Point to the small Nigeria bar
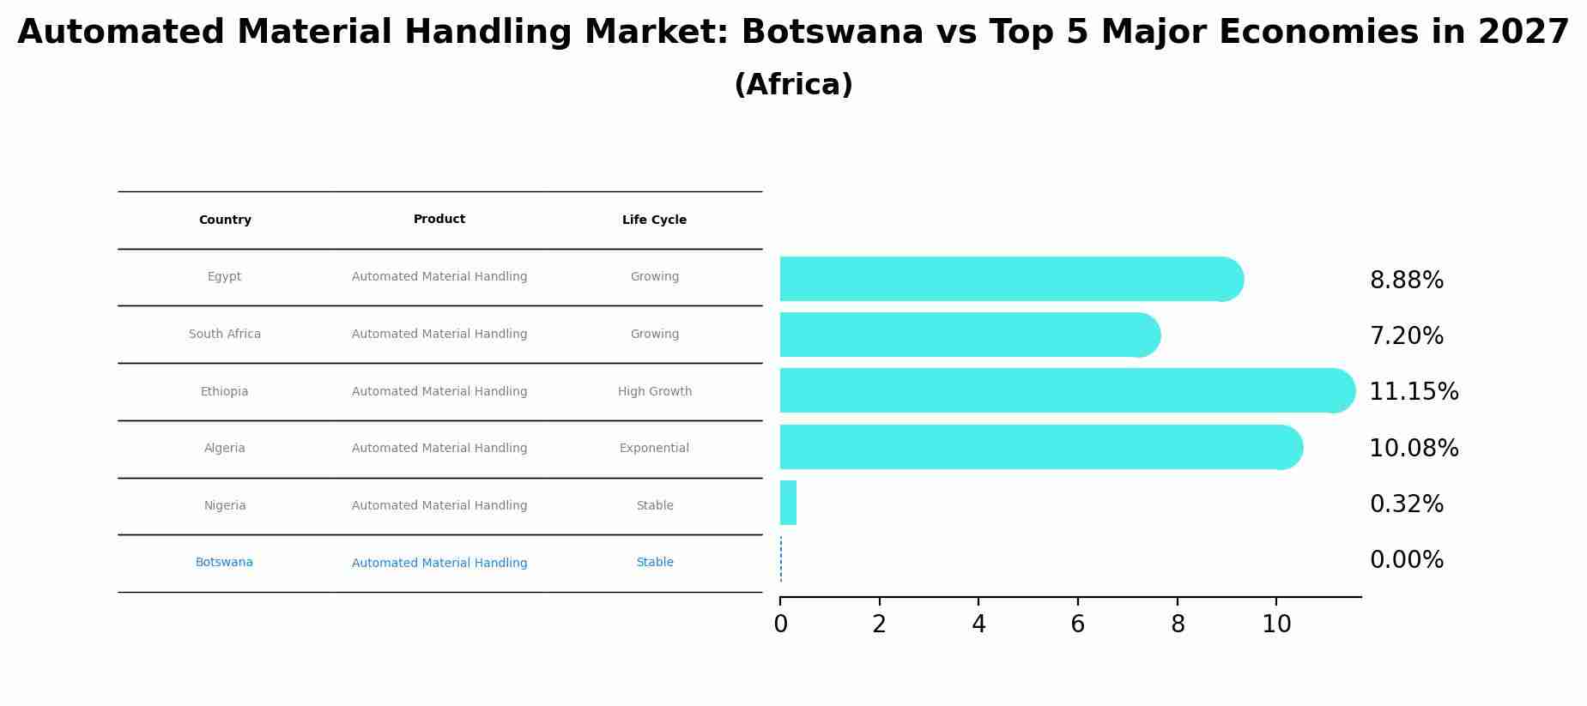click(788, 503)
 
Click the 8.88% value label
click(1406, 281)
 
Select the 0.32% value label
click(1406, 504)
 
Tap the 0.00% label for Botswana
click(1406, 560)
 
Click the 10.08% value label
click(1413, 448)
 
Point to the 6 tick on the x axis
click(1077, 625)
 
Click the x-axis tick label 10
click(1276, 625)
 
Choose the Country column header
click(225, 220)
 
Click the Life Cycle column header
click(654, 220)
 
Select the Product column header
click(439, 220)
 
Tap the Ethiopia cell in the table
click(224, 391)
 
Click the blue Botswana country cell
click(224, 563)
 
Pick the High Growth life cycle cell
click(654, 391)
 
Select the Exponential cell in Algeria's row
click(654, 448)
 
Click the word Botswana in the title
click(832, 33)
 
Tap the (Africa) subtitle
click(793, 85)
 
